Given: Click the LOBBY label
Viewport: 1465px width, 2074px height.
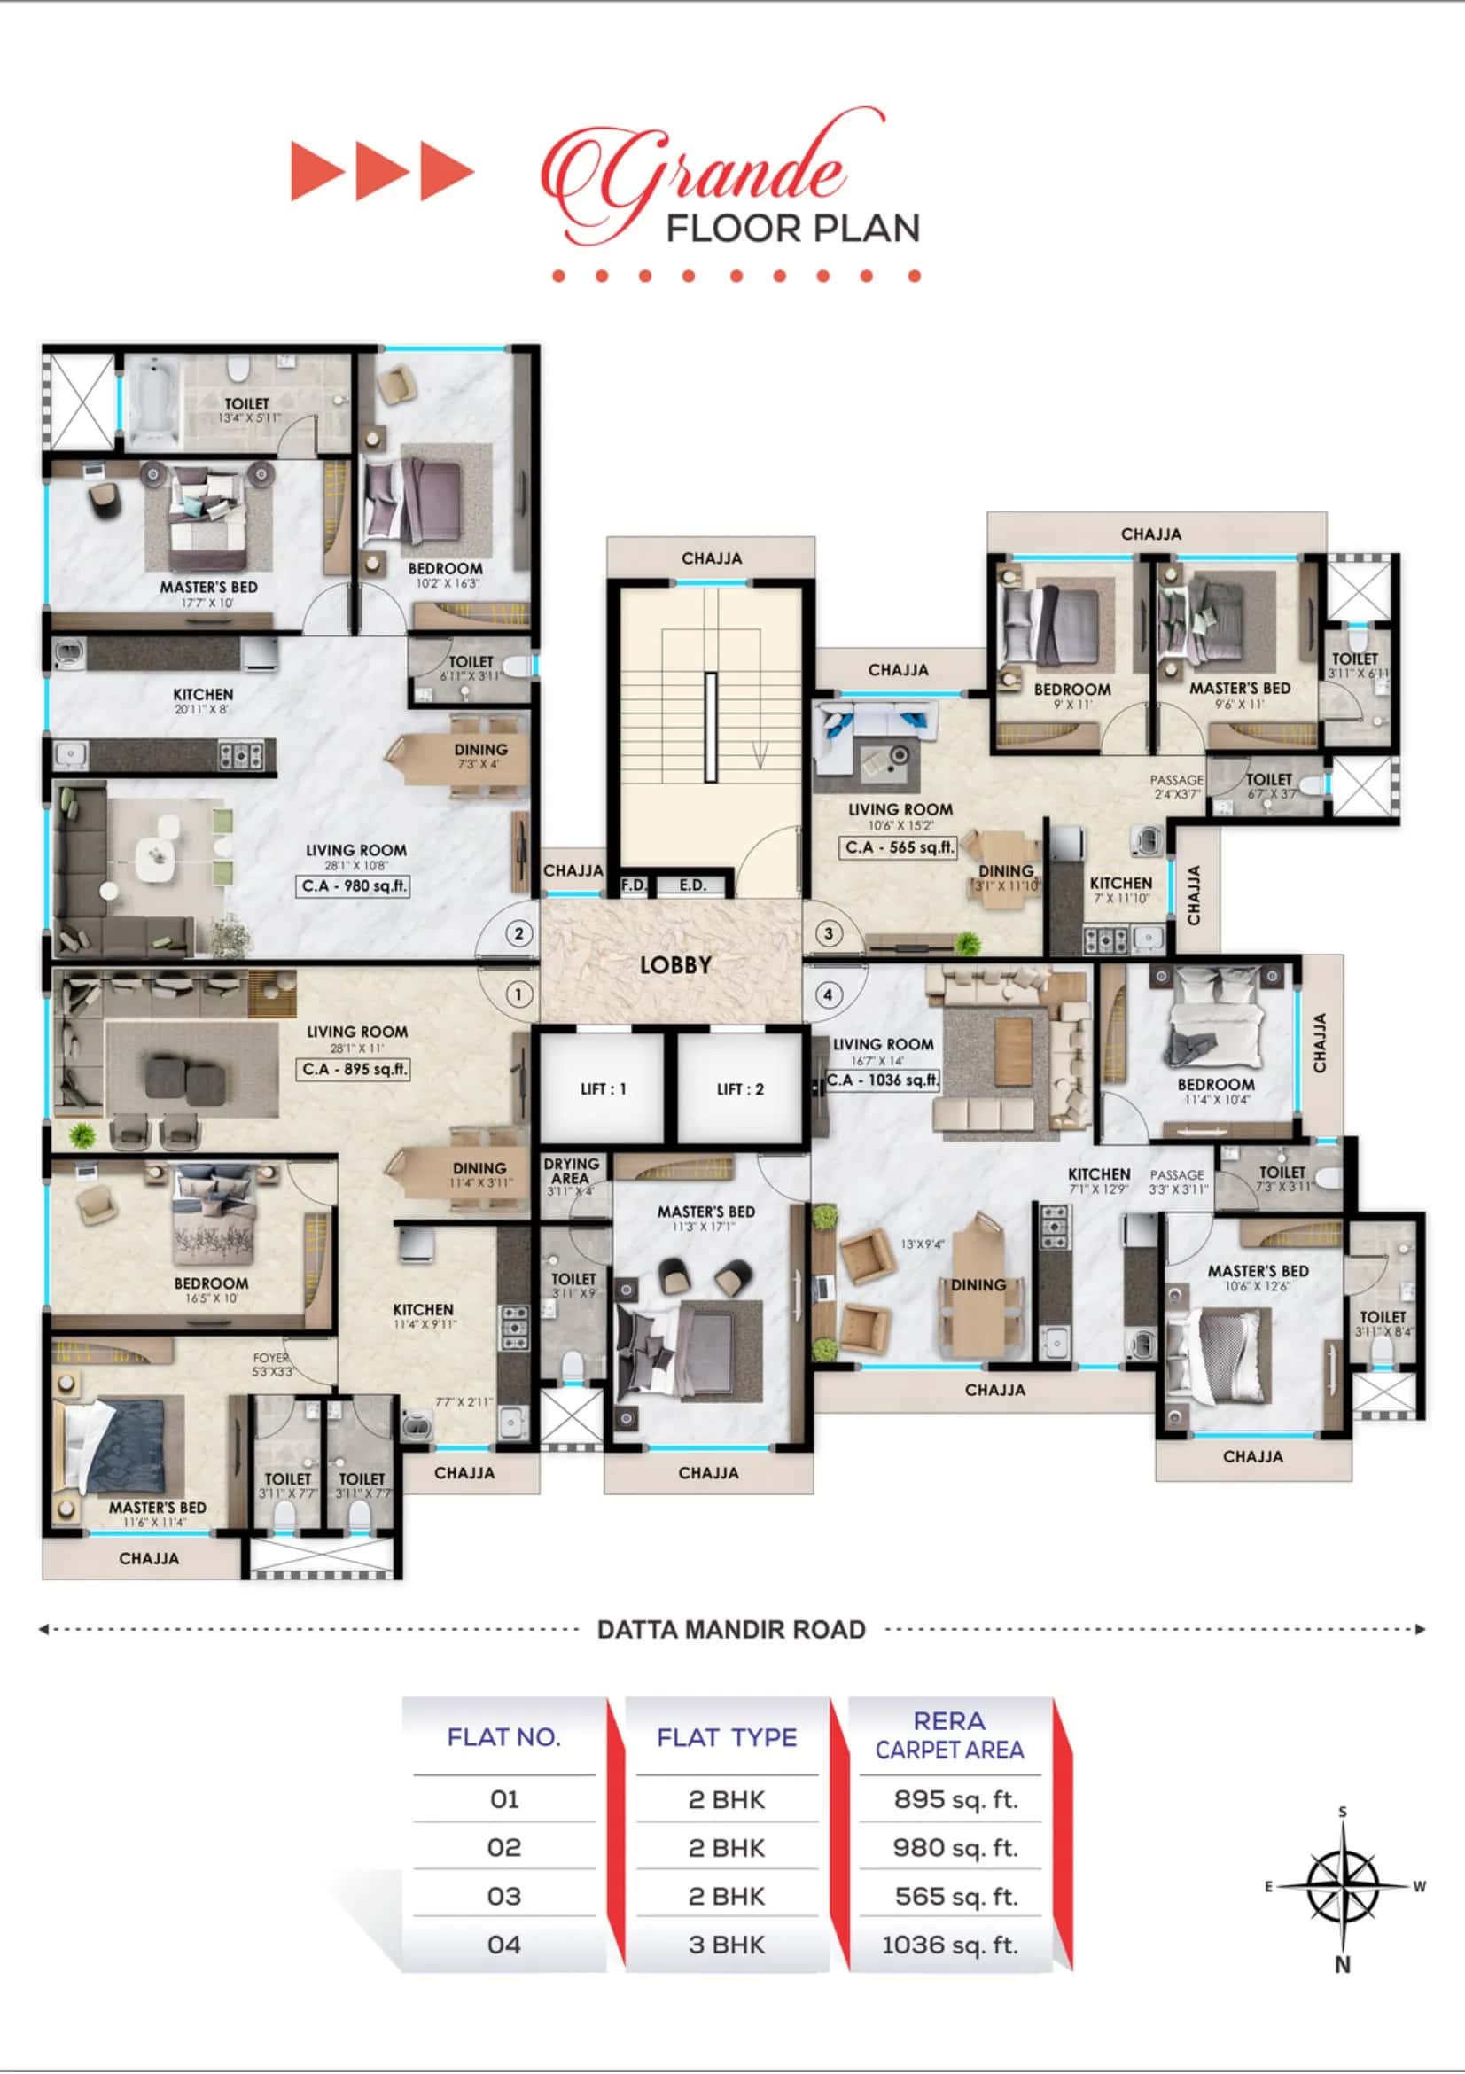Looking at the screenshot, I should pyautogui.click(x=674, y=964).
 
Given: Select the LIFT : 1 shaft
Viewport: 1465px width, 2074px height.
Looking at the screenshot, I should pyautogui.click(x=603, y=1088).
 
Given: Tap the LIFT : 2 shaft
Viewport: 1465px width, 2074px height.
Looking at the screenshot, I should pyautogui.click(x=740, y=1088).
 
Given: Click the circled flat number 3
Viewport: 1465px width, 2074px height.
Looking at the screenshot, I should pyautogui.click(x=829, y=933).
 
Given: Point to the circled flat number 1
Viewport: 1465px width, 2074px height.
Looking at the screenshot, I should pyautogui.click(x=518, y=994).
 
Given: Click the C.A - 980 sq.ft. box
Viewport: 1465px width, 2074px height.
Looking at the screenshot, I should pyautogui.click(x=354, y=885).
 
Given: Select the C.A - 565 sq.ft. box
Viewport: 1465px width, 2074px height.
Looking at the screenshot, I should pyautogui.click(x=898, y=847).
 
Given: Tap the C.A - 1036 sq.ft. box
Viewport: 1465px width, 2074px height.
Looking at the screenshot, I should pyautogui.click(x=883, y=1080).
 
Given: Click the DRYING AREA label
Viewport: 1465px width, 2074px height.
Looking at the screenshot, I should pyautogui.click(x=571, y=1171).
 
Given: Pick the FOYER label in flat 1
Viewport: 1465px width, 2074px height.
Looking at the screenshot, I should pyautogui.click(x=271, y=1358).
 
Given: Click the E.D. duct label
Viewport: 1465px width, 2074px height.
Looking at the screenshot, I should pyautogui.click(x=693, y=885).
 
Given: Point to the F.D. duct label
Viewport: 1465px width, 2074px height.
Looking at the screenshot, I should pyautogui.click(x=634, y=885).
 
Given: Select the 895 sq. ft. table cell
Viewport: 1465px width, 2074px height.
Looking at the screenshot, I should pyautogui.click(x=955, y=1799).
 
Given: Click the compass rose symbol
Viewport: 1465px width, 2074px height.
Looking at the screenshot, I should pyautogui.click(x=1343, y=1886).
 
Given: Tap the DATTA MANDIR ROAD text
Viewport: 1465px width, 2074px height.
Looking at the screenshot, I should pyautogui.click(x=730, y=1630).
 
